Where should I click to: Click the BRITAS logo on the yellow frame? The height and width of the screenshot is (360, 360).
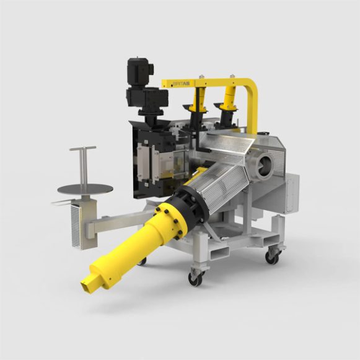pos(180,82)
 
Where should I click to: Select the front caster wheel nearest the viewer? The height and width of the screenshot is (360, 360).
pos(195,279)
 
